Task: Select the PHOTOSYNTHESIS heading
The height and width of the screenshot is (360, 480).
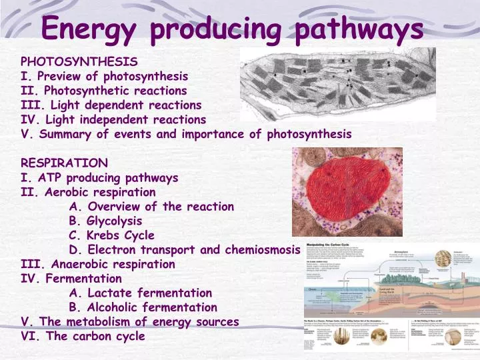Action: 79,61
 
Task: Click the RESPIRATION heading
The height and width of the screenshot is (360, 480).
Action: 65,163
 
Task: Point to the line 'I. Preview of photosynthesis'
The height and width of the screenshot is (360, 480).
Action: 105,76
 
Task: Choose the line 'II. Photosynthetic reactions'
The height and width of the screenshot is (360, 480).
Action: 104,91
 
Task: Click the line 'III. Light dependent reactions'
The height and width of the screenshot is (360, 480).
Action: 111,105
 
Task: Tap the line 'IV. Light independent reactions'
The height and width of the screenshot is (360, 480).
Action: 114,119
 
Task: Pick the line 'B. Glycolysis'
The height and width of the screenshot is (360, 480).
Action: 105,221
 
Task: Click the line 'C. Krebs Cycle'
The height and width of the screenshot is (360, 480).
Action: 111,235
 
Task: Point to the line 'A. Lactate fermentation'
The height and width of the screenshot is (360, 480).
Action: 140,293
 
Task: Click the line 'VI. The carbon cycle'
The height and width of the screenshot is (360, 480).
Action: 83,336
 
